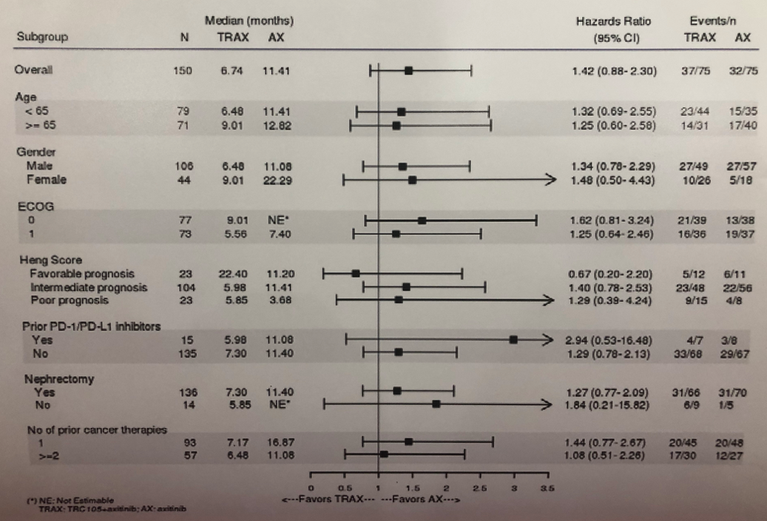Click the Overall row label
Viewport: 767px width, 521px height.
click(32, 70)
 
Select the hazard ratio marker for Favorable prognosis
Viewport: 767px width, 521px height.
click(356, 273)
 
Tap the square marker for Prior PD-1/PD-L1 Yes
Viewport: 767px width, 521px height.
click(513, 340)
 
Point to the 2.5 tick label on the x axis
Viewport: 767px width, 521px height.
click(480, 488)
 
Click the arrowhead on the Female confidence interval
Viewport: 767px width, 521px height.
click(548, 179)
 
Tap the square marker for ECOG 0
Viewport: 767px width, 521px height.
click(422, 220)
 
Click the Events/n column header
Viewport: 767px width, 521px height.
click(709, 22)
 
